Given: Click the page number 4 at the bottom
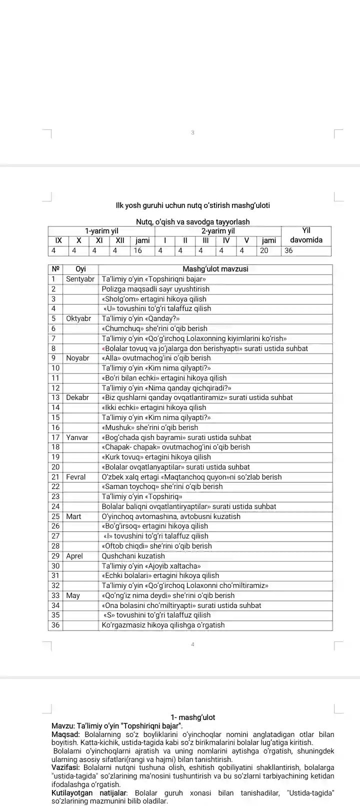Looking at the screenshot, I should [x=192, y=644].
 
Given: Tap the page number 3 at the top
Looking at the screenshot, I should [x=192, y=132].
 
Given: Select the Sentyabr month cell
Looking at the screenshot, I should [x=80, y=279].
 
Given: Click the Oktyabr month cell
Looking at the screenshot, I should [x=78, y=318].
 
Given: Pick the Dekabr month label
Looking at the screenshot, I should [x=77, y=397].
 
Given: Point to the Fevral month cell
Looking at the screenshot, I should [x=75, y=477].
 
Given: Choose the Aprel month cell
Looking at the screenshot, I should [x=74, y=556].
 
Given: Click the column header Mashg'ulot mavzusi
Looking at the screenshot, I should [x=215, y=269].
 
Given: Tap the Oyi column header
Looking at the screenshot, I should [x=80, y=269].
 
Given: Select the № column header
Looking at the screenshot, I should [x=55, y=269].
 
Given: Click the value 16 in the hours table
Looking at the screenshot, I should [x=138, y=250].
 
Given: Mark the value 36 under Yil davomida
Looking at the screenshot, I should [x=288, y=250].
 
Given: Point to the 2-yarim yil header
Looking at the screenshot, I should [x=218, y=231].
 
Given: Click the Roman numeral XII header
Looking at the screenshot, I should [x=120, y=240].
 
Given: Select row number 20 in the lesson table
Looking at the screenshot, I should [x=55, y=467].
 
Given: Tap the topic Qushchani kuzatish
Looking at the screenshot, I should [x=133, y=556].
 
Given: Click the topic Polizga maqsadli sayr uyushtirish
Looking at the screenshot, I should [x=155, y=289].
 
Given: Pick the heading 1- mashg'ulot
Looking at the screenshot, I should [x=192, y=717].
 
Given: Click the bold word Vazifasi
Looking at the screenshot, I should [x=65, y=767].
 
